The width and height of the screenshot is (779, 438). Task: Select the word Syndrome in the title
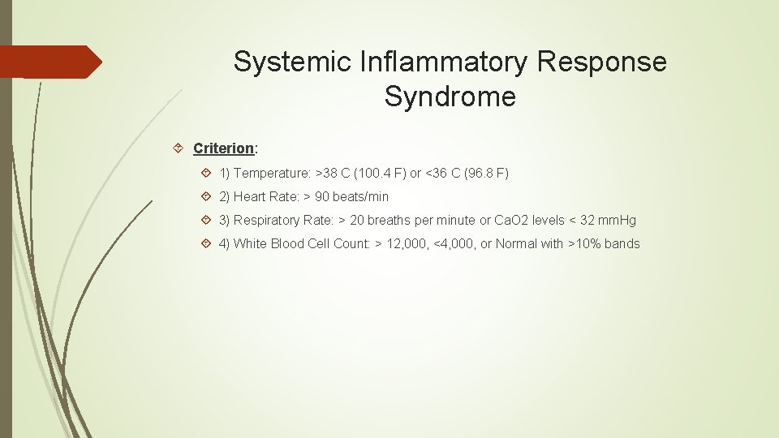coord(450,97)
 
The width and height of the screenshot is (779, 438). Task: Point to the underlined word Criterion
coord(223,148)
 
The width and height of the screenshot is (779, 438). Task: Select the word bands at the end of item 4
coord(622,244)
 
